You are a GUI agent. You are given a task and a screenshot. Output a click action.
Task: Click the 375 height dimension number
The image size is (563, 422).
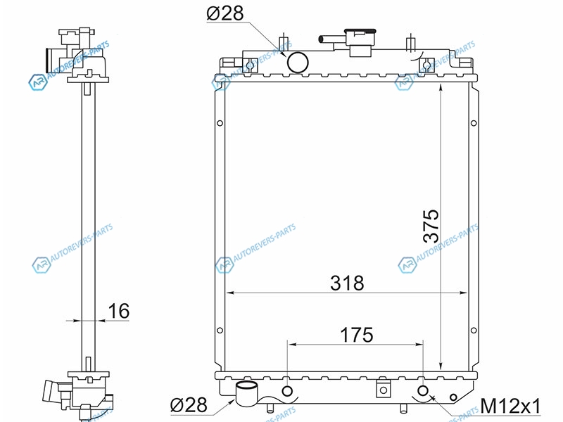pos(431,226)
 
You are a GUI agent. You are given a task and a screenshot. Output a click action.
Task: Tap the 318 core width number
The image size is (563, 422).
pos(347,283)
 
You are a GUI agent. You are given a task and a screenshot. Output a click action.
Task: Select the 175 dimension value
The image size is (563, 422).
pos(357,335)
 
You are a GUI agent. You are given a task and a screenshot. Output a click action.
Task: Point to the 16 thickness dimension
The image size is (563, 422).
pos(118,311)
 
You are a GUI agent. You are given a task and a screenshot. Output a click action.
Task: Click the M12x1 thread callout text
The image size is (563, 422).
pos(510,407)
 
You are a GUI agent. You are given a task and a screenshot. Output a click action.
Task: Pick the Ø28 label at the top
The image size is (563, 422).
pos(225,13)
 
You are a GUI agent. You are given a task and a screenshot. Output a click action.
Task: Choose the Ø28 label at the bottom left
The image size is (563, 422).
pos(189,405)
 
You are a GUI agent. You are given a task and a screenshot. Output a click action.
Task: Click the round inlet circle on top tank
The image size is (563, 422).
pos(298,63)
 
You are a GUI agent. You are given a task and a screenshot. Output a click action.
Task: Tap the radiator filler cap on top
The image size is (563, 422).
pos(360,42)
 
